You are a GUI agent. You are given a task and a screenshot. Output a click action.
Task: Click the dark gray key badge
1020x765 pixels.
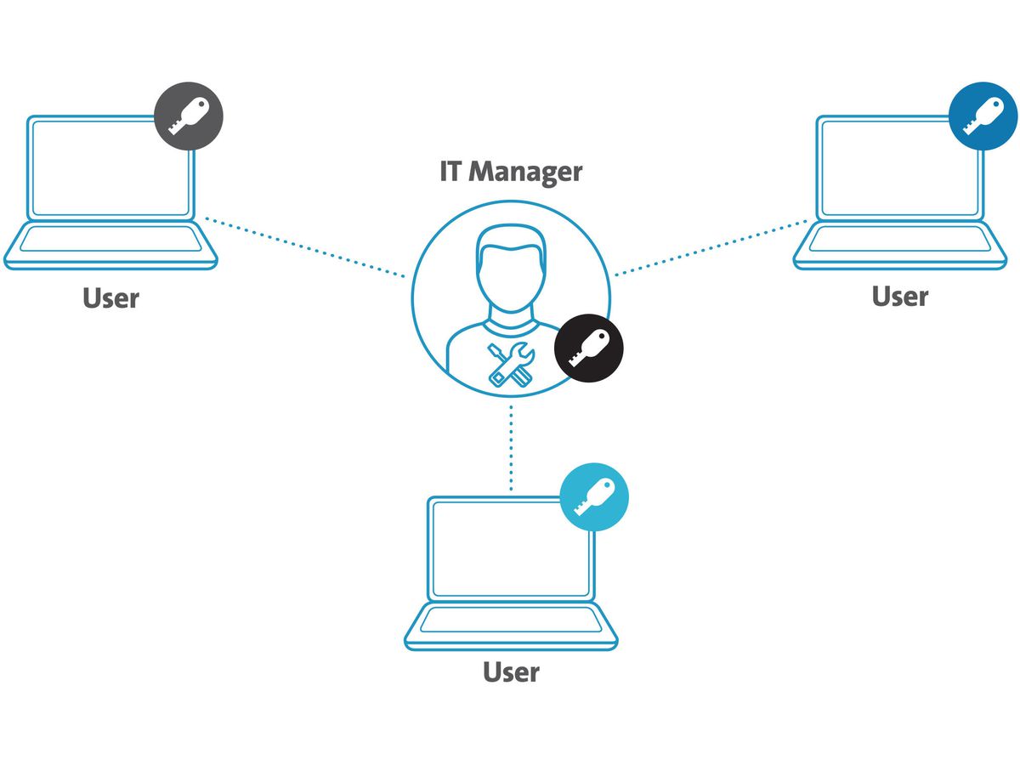189,116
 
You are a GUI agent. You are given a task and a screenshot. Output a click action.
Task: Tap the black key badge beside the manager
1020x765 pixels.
589,349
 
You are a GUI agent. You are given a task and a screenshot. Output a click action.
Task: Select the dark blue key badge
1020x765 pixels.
983,116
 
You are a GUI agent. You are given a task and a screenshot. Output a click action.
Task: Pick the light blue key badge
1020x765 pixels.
595,497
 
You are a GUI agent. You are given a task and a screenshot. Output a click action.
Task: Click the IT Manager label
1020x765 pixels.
511,171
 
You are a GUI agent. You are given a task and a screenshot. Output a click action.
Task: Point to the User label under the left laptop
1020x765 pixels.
110,298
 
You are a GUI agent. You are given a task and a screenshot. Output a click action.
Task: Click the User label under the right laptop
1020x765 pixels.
900,297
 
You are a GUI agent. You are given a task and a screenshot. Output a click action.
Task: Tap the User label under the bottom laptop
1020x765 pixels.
511,672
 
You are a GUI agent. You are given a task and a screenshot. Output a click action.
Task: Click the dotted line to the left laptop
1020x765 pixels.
306,249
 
